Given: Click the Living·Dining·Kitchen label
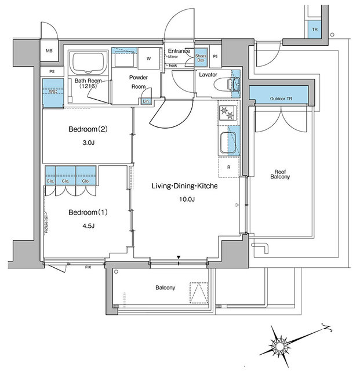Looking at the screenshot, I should point(184,185).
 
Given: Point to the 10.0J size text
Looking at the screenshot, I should point(187,199).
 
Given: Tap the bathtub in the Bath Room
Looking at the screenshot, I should point(88,62).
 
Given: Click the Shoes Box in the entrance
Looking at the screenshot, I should point(202,57).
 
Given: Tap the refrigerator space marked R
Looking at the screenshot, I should point(228,167).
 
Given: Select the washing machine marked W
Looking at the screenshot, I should point(148,59).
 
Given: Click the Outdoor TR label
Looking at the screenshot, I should point(281,99).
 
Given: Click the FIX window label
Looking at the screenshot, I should point(88,267).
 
